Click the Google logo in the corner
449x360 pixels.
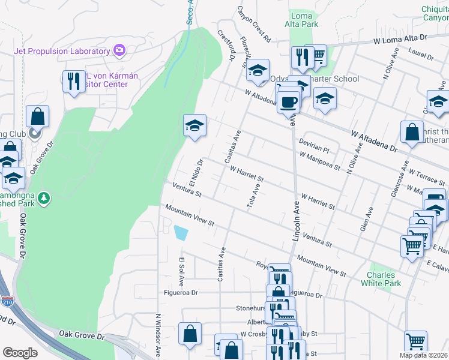click(x=20, y=352)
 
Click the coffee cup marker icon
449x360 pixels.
click(x=288, y=101)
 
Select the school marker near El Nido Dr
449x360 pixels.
click(x=194, y=126)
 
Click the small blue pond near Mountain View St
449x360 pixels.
click(x=180, y=232)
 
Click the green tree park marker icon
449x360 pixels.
click(x=43, y=197)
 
